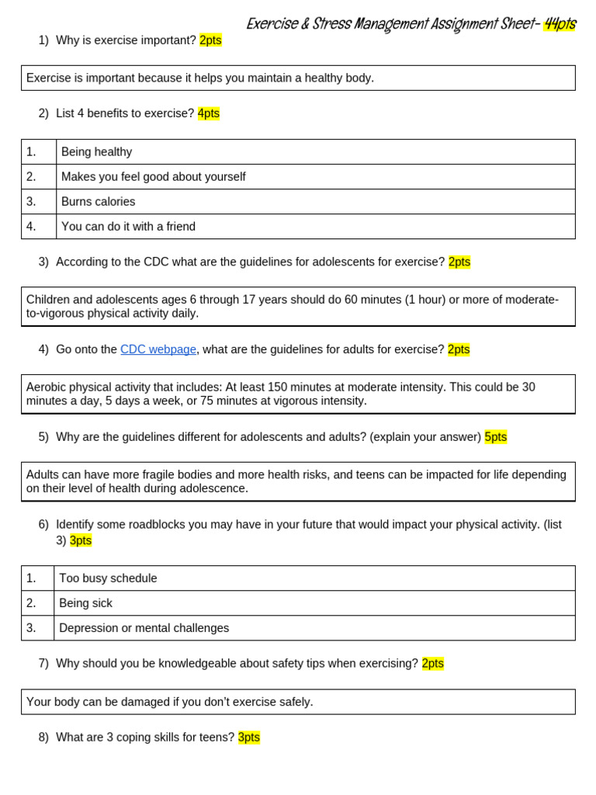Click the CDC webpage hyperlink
pyautogui.click(x=158, y=349)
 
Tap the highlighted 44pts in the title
pyautogui.click(x=560, y=24)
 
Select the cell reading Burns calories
pyautogui.click(x=98, y=202)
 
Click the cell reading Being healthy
pyautogui.click(x=96, y=152)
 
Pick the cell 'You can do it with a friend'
pyautogui.click(x=128, y=227)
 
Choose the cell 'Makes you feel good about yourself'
pyautogui.click(x=153, y=177)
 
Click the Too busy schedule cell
pyautogui.click(x=108, y=578)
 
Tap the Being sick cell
pyautogui.click(x=86, y=603)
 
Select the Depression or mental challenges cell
pyautogui.click(x=144, y=628)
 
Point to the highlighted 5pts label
pyautogui.click(x=495, y=437)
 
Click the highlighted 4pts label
pyautogui.click(x=209, y=113)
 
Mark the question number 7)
pyautogui.click(x=43, y=663)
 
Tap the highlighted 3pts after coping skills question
pyautogui.click(x=249, y=738)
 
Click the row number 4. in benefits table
pyautogui.click(x=31, y=227)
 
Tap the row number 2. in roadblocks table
pyautogui.click(x=31, y=603)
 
